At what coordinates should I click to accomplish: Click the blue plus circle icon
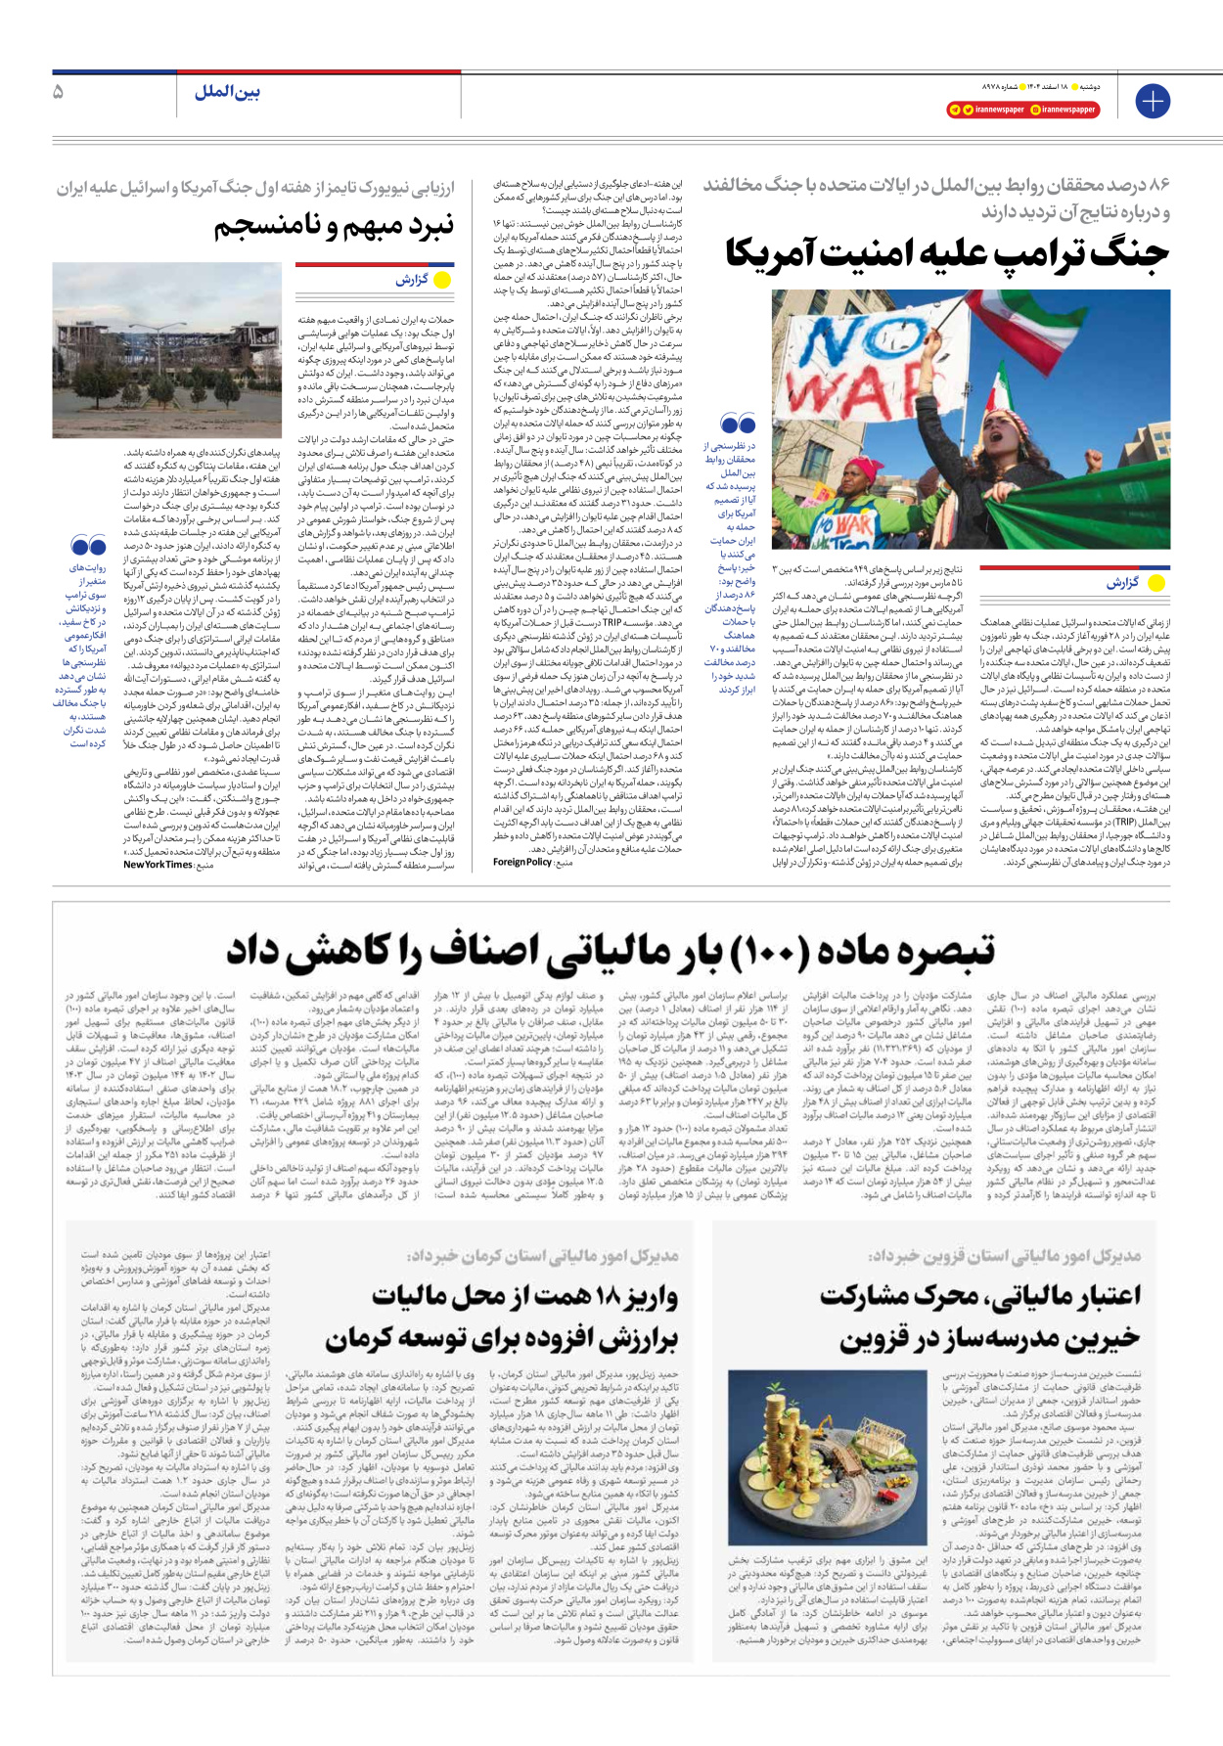1153,101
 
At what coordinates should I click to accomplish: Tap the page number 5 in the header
59,92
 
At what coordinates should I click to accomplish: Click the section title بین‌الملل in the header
227,92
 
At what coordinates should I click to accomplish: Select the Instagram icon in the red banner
1035,110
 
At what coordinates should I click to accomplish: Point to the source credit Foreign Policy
522,862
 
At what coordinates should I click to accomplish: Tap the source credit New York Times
158,864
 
